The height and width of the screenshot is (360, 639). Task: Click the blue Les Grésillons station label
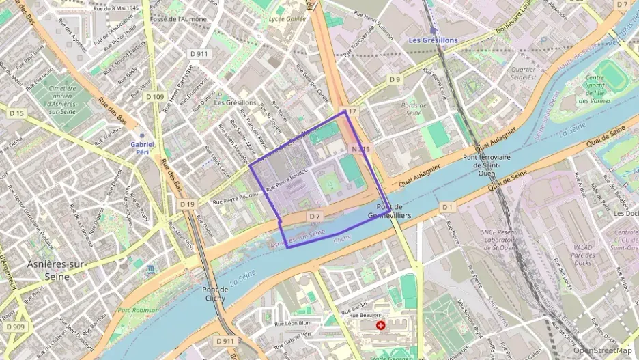433,40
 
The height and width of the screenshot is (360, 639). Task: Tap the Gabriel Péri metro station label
142,148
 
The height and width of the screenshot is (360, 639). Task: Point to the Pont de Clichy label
219,294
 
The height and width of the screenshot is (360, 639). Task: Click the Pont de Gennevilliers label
393,210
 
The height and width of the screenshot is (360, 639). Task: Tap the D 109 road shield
155,97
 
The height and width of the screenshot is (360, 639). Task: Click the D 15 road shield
16,113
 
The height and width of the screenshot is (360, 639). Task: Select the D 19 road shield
188,204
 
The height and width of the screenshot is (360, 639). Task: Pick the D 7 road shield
314,217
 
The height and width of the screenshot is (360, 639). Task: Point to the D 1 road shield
447,206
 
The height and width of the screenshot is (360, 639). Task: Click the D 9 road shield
395,80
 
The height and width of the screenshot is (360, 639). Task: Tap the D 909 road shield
16,327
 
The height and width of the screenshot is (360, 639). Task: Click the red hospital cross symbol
381,326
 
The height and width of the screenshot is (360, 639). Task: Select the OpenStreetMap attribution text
602,350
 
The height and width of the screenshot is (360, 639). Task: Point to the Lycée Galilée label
288,19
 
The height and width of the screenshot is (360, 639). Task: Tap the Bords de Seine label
413,109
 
